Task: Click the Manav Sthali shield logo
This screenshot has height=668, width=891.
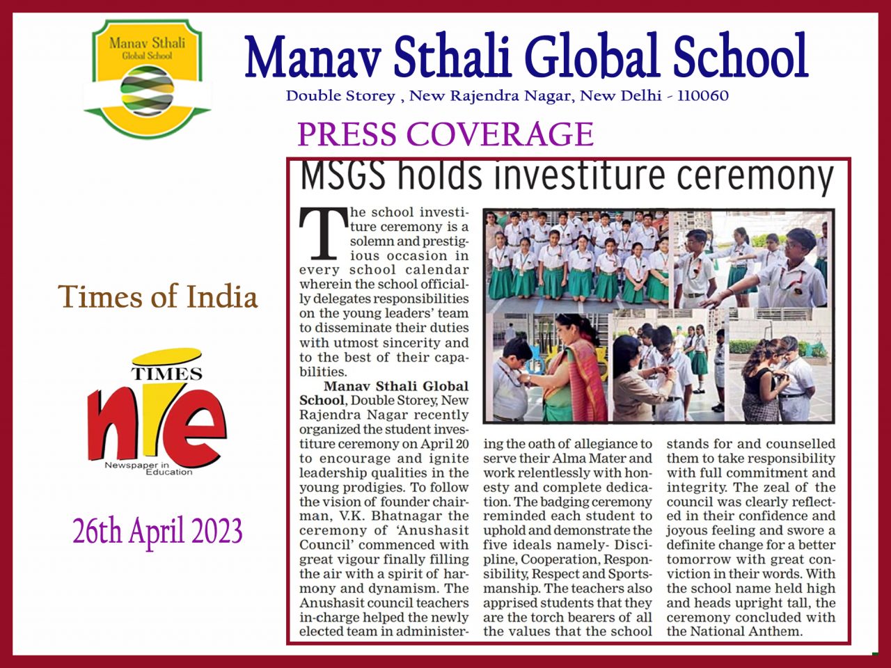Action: [x=147, y=77]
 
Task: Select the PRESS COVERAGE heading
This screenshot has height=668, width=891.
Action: [x=445, y=134]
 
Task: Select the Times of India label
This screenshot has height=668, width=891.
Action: [x=158, y=296]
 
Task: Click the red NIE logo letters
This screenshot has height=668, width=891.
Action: [x=157, y=424]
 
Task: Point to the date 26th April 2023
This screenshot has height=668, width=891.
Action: [x=158, y=532]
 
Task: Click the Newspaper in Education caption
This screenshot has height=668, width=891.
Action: [x=148, y=468]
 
